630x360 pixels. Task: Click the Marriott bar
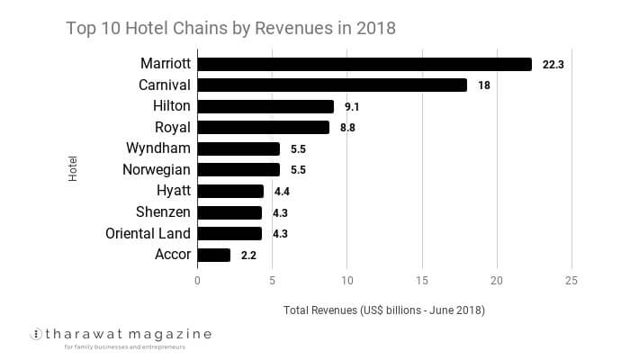tap(364, 64)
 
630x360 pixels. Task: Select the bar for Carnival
tap(332, 85)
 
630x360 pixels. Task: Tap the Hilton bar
tap(265, 106)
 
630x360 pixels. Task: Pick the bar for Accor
tap(214, 255)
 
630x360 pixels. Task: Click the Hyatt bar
tap(230, 191)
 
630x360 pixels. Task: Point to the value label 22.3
tap(553, 65)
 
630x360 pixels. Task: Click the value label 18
tap(484, 85)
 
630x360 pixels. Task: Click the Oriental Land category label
tap(150, 233)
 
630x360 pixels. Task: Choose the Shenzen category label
tap(163, 211)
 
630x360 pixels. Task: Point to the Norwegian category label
tap(157, 169)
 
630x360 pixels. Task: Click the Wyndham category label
tap(160, 148)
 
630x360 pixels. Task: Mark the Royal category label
tap(173, 127)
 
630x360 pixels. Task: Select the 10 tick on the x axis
tap(346, 281)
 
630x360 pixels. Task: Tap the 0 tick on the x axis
tap(198, 281)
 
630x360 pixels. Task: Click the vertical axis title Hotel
tap(73, 169)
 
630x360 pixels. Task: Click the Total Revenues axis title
tap(384, 310)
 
